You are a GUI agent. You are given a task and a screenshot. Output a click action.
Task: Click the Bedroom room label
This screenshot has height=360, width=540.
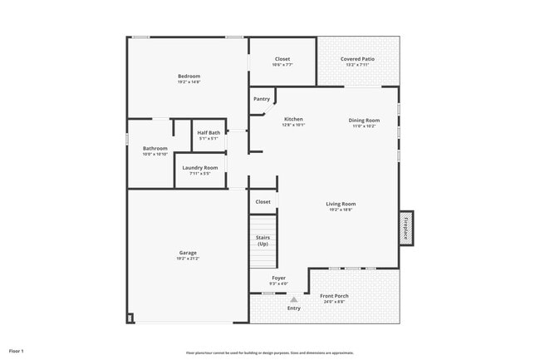[189, 76]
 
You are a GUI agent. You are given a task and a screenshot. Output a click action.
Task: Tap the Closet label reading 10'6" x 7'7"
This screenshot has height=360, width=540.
[282, 59]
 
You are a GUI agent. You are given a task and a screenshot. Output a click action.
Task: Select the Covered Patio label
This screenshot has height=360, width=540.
[357, 59]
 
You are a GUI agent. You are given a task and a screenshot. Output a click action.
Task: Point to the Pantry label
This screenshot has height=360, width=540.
[262, 99]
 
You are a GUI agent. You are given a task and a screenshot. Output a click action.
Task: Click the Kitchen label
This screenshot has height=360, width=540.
[294, 118]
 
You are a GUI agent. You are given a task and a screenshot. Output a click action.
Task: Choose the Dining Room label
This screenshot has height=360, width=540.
[364, 121]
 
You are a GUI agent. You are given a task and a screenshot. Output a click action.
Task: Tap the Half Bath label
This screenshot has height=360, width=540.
[209, 132]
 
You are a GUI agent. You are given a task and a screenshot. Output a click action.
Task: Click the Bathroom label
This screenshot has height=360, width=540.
[155, 148]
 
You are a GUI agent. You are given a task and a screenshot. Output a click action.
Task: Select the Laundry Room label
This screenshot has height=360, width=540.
[199, 168]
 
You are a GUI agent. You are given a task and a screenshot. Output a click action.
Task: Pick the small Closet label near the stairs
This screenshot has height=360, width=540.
[263, 201]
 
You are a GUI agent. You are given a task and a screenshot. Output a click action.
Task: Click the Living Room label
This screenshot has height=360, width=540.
[341, 204]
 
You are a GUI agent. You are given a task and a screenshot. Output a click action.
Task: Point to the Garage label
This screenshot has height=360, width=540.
[187, 253]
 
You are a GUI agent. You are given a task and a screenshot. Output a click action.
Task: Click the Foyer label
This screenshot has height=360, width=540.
[279, 279]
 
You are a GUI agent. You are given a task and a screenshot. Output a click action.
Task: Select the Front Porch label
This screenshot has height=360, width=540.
[335, 296]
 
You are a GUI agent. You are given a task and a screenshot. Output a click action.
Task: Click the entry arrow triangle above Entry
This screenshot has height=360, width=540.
[293, 299]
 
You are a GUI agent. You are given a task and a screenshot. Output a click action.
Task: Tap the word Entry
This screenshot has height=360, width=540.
[294, 308]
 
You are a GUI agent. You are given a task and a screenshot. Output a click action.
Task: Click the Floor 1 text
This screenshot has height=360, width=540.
[17, 351]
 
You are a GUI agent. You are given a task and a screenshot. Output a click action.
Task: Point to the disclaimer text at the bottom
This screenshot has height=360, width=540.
[270, 353]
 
